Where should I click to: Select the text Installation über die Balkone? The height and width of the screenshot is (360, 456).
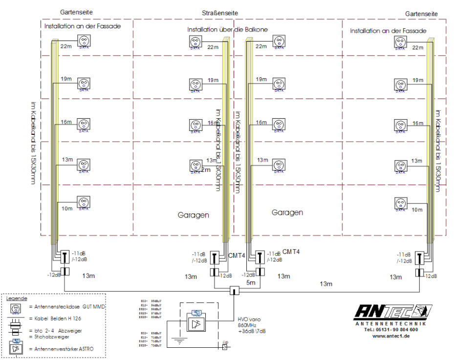227,30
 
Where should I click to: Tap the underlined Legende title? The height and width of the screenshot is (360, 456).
17,297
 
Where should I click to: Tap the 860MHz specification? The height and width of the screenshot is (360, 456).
247,324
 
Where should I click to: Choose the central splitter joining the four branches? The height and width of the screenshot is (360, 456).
235,292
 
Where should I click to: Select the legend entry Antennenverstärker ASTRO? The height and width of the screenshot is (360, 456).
61,348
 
